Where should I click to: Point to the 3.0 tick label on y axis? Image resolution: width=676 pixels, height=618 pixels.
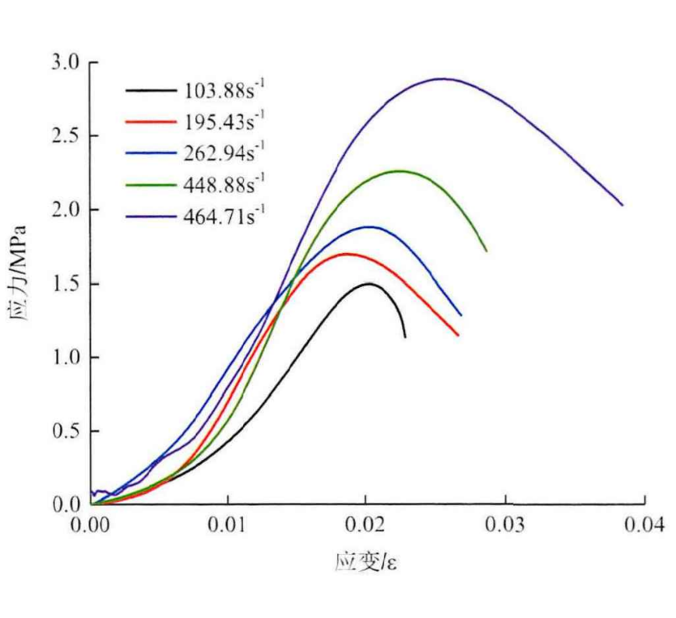click(67, 62)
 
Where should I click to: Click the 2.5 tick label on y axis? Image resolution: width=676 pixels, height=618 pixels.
click(67, 136)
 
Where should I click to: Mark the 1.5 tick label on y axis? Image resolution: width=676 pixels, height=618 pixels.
click(67, 284)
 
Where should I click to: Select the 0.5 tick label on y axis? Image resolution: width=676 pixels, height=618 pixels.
click(67, 431)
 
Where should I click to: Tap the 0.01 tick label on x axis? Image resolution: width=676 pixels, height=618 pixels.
click(229, 526)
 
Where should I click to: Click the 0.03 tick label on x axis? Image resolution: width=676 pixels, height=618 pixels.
click(506, 526)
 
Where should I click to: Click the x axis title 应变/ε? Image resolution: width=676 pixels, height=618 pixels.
click(367, 561)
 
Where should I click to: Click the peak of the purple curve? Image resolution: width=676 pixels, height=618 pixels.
click(443, 79)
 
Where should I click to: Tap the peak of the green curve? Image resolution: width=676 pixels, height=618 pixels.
click(400, 170)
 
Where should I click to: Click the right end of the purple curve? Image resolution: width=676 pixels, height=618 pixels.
click(623, 205)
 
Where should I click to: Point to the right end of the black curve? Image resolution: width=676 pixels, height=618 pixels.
click(405, 337)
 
